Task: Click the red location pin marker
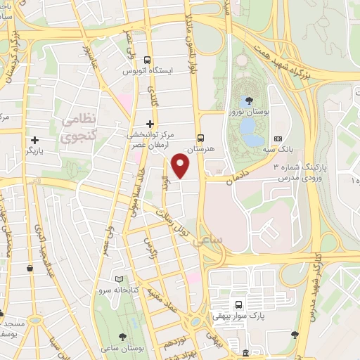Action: [x=181, y=165]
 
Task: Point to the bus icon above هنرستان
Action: [x=201, y=138]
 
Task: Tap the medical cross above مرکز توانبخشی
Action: [x=149, y=123]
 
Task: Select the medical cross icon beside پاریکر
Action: [x=34, y=140]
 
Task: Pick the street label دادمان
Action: [x=240, y=180]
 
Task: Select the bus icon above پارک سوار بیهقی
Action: [x=238, y=305]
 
